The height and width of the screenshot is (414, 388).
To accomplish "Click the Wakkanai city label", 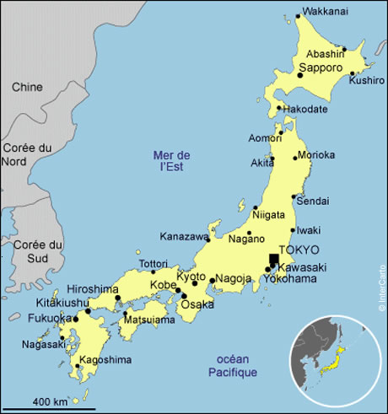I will point(326,13).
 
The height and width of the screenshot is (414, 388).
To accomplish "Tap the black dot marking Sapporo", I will point(299,76).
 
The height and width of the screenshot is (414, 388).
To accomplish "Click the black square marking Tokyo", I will point(273,260).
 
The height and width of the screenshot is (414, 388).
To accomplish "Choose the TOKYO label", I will point(299,250).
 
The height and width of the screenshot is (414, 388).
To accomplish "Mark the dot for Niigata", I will point(256,207).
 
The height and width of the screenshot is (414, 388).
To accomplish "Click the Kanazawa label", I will point(183,237).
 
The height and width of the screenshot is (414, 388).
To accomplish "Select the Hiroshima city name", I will point(93,288).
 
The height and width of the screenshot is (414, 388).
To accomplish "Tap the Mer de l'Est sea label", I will point(172,160).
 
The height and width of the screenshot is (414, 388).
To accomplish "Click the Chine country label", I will point(27,87).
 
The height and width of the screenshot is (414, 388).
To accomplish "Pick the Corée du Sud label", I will point(27,250).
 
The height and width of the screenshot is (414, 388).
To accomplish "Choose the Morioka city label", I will point(317,155).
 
